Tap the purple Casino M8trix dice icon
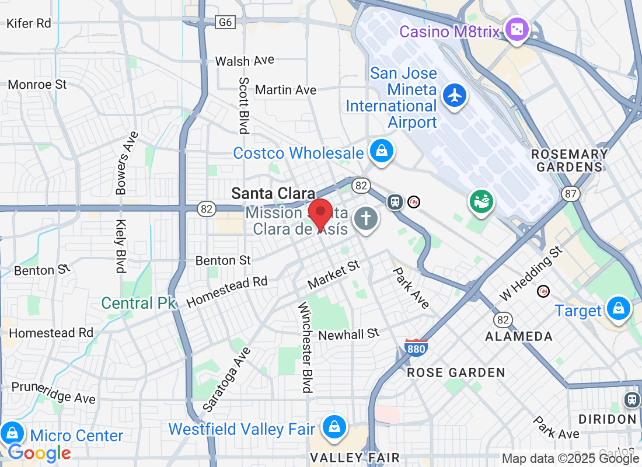(517, 29)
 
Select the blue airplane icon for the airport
(454, 95)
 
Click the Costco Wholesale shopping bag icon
(381, 152)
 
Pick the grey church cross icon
(366, 219)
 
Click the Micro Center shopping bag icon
(12, 433)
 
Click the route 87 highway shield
(570, 193)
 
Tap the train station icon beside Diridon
(632, 399)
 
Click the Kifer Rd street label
(29, 23)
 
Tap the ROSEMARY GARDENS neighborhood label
(569, 161)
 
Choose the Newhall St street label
(349, 334)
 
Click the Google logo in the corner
(39, 453)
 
